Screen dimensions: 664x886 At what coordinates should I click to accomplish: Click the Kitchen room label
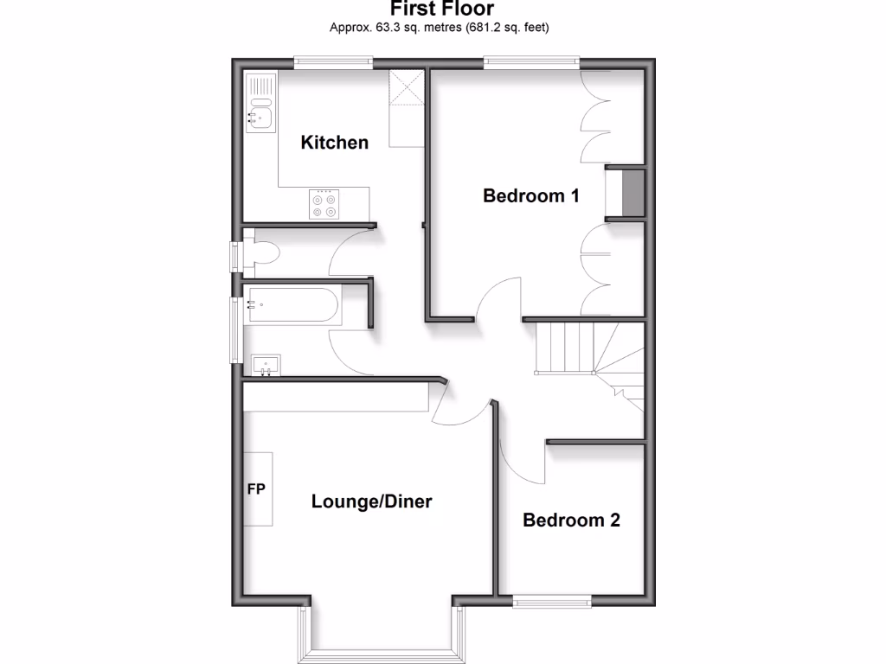(x=334, y=143)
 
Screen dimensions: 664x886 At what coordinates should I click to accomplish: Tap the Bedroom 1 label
(x=530, y=196)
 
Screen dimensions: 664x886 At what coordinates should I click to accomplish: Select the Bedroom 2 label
(x=571, y=520)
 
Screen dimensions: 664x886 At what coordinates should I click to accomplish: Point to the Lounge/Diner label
(x=371, y=501)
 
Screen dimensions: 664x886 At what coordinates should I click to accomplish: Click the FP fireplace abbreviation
(x=256, y=489)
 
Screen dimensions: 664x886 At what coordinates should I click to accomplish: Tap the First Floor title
(x=442, y=10)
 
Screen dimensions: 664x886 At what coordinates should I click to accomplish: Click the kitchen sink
(x=260, y=115)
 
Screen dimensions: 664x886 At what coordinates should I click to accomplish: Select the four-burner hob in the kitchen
(x=324, y=205)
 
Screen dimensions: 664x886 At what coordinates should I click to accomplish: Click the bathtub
(x=292, y=304)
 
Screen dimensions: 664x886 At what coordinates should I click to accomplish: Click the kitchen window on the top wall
(x=333, y=61)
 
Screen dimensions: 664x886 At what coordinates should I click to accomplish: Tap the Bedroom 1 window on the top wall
(x=531, y=61)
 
